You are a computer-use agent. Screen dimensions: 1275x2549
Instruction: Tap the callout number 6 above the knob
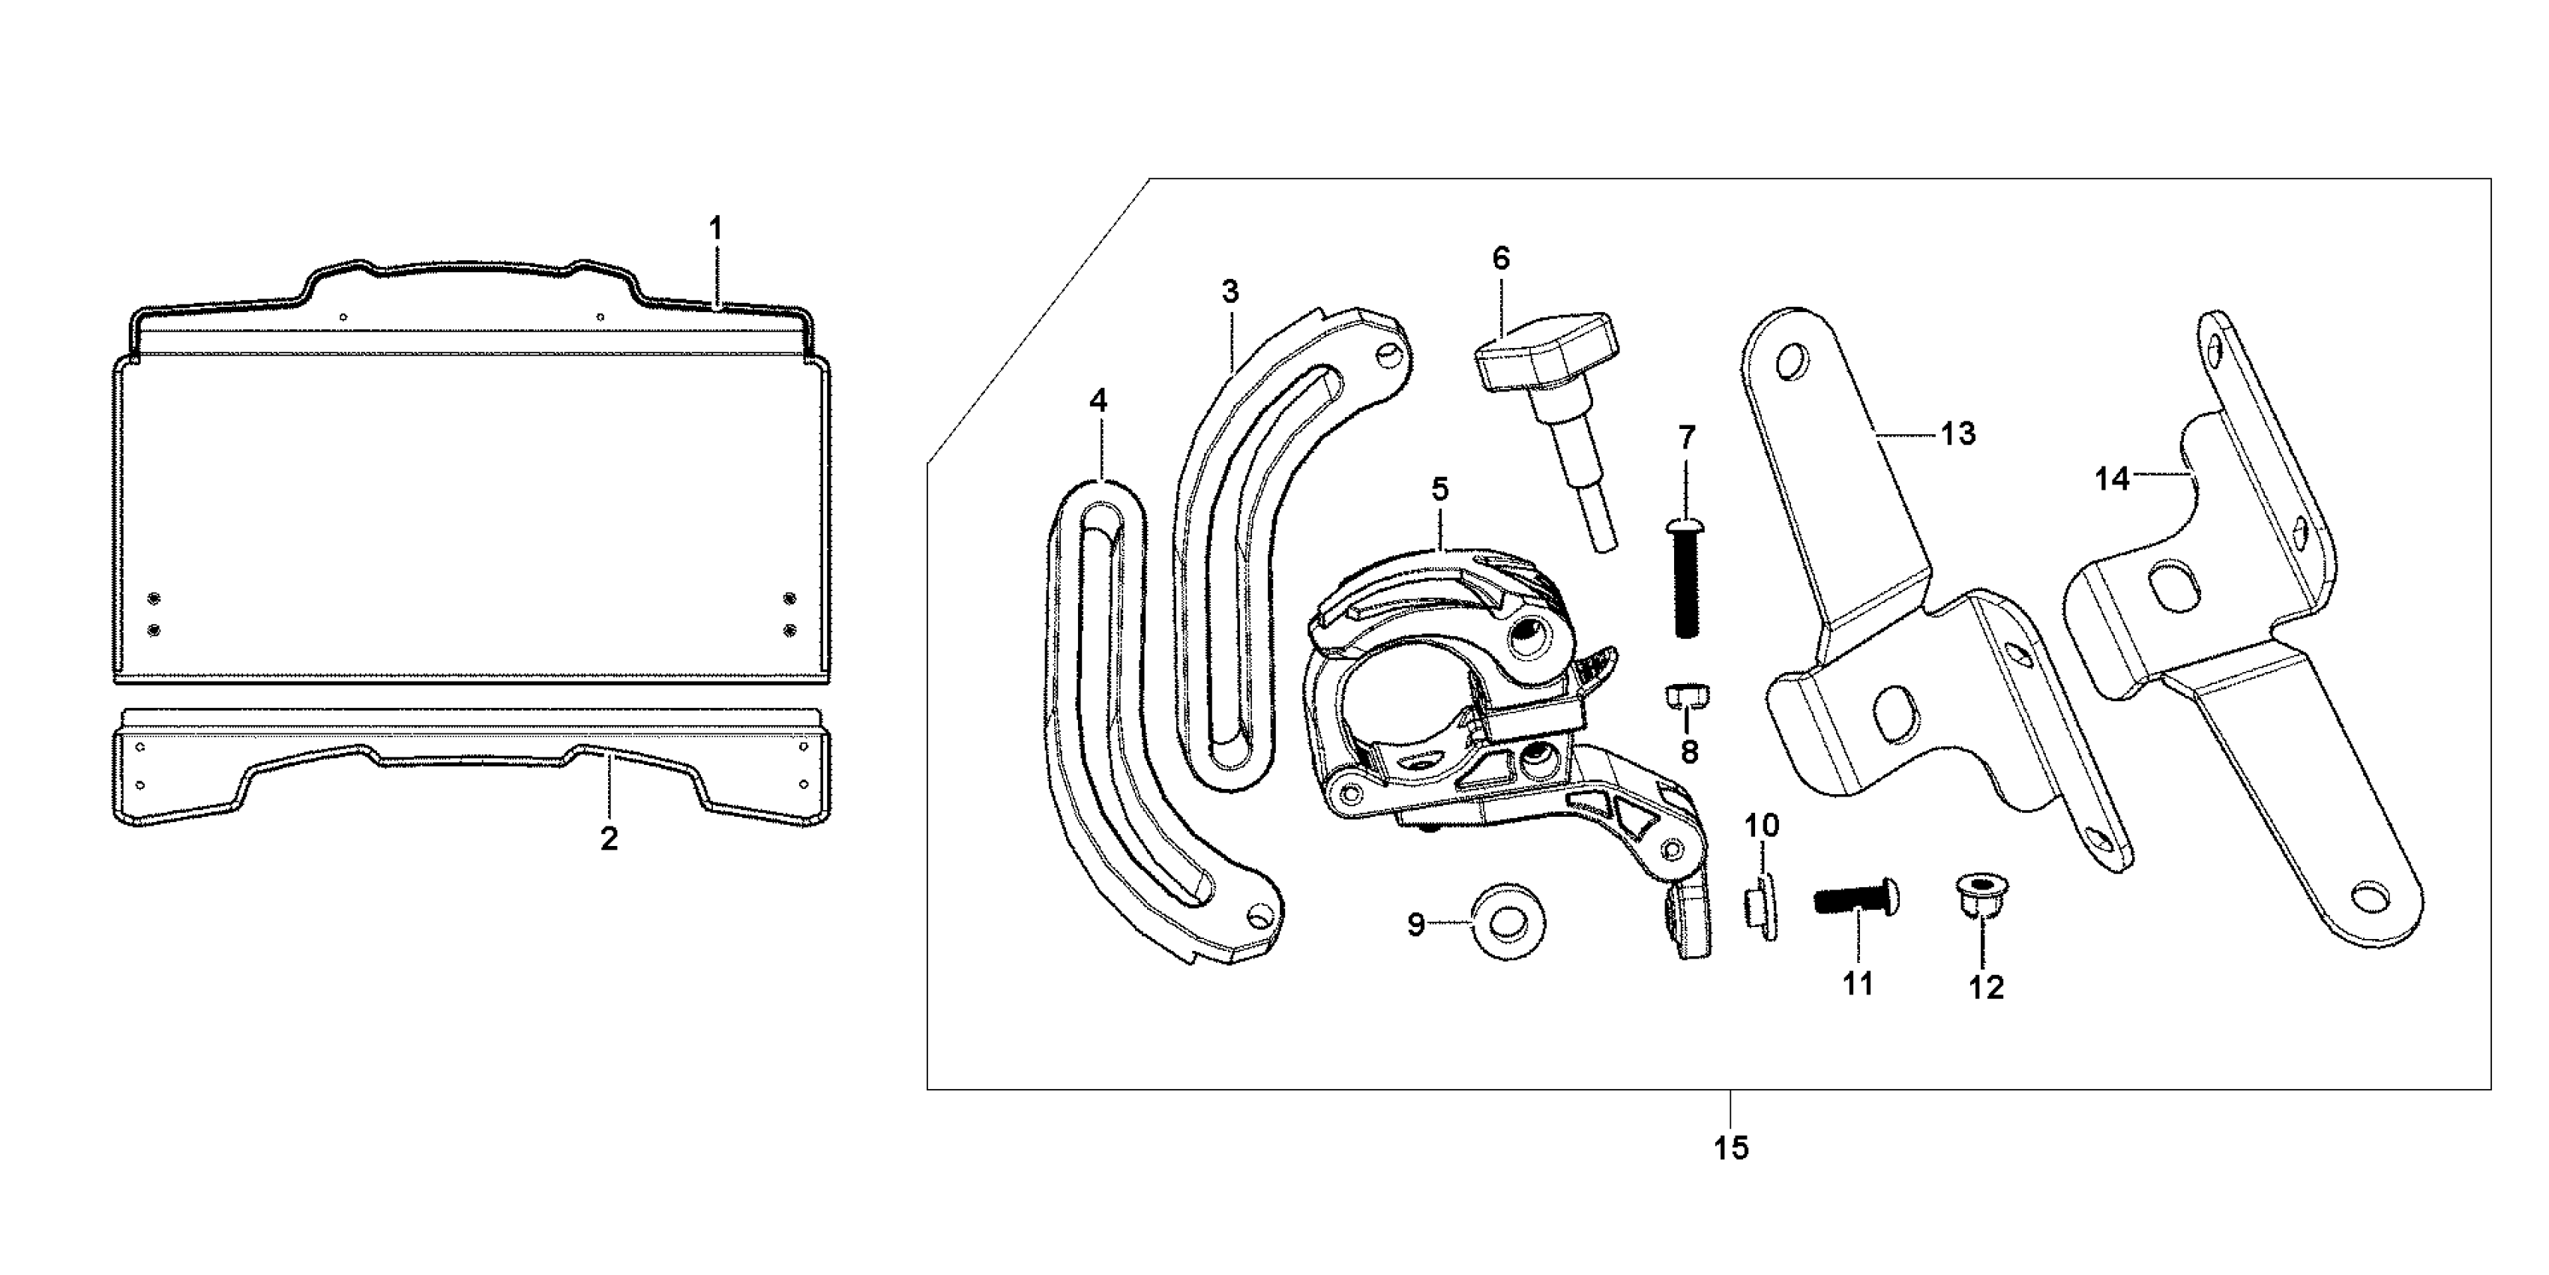pyautogui.click(x=1501, y=259)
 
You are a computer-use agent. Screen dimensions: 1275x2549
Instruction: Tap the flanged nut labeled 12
pyautogui.click(x=1983, y=895)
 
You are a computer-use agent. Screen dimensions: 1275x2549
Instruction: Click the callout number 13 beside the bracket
pyautogui.click(x=1956, y=433)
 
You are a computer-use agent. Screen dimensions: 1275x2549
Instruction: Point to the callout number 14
pyautogui.click(x=2112, y=479)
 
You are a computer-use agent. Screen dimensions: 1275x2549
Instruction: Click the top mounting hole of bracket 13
pyautogui.click(x=1790, y=361)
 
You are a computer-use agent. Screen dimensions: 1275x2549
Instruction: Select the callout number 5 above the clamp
pyautogui.click(x=1439, y=489)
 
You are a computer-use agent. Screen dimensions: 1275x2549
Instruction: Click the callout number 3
pyautogui.click(x=1230, y=292)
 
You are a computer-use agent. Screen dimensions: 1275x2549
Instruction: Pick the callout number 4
pyautogui.click(x=1098, y=401)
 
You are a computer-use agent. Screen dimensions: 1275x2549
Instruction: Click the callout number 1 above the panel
pyautogui.click(x=715, y=229)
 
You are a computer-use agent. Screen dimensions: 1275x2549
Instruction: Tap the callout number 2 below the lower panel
pyautogui.click(x=610, y=838)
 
